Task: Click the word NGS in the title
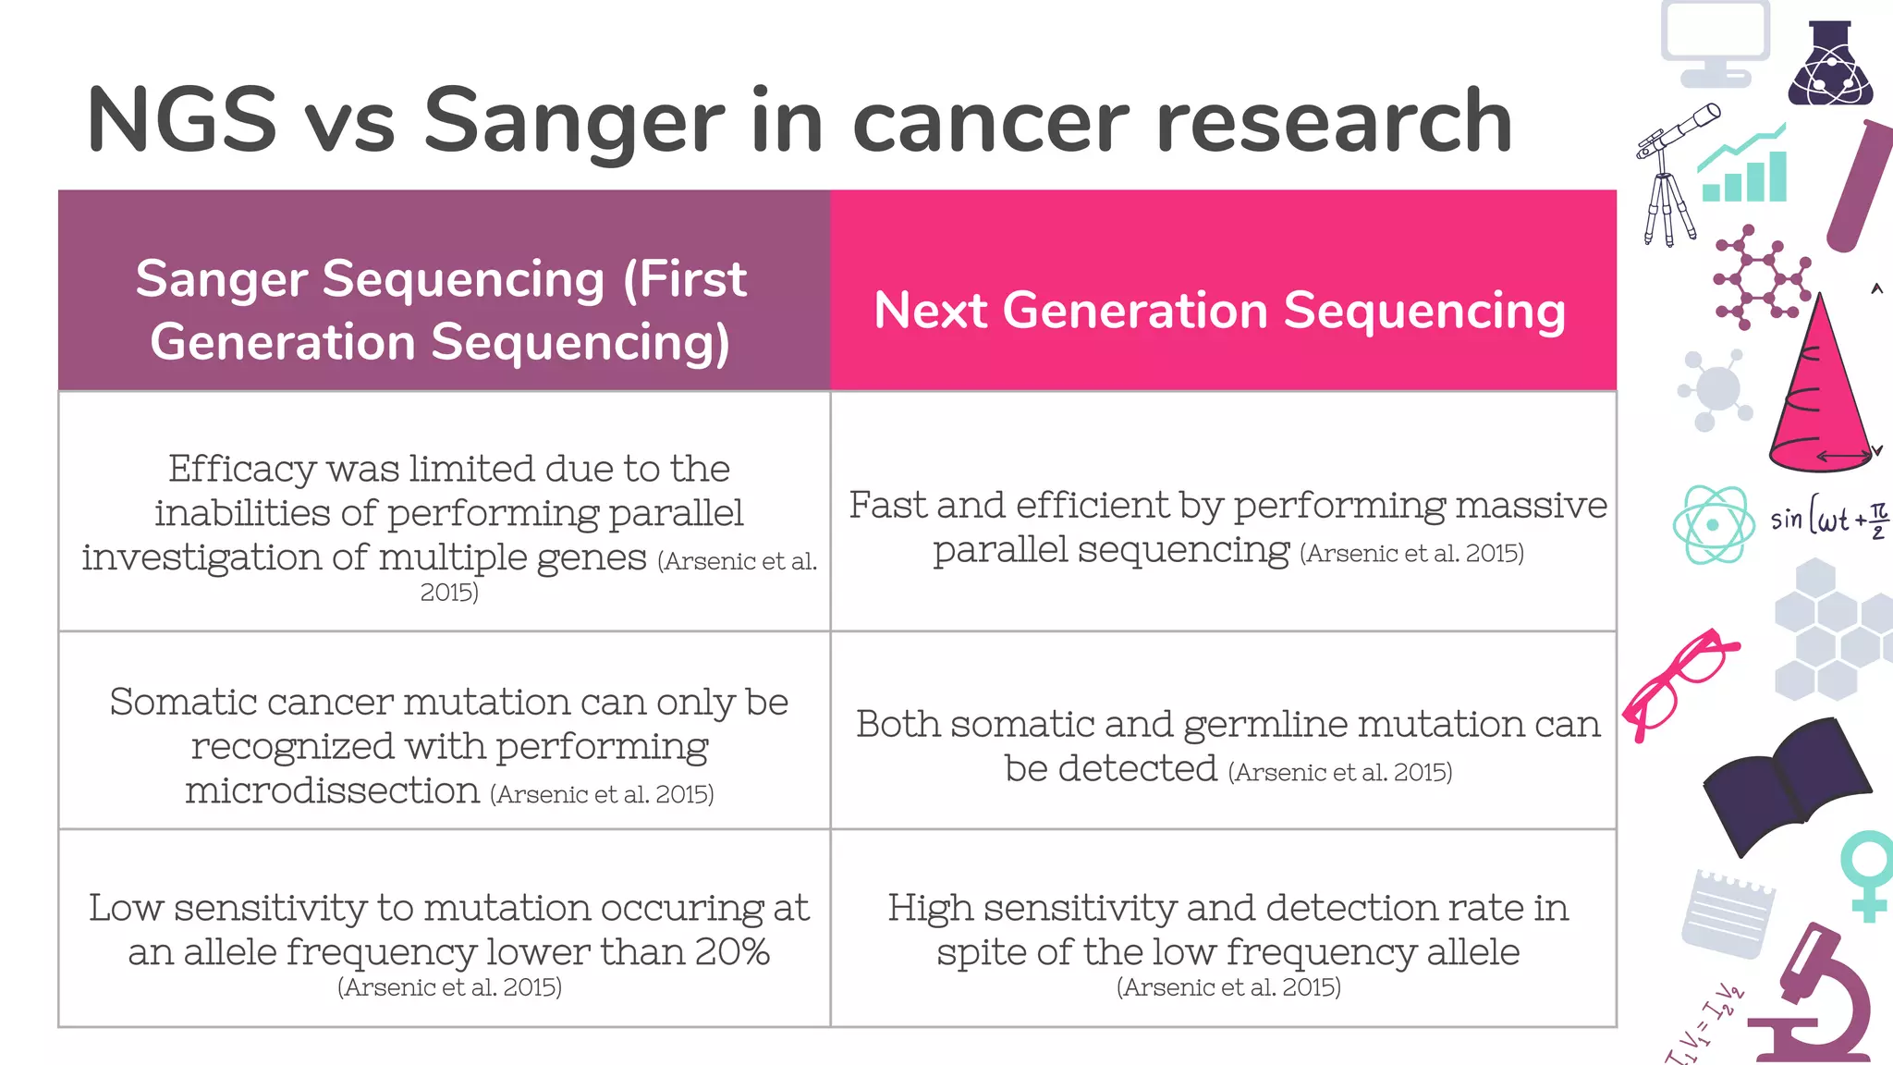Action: click(181, 121)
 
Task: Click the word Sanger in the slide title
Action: click(574, 121)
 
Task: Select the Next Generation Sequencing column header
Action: click(1220, 311)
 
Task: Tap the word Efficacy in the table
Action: click(241, 469)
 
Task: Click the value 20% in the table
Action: click(732, 952)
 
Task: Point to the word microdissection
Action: click(332, 791)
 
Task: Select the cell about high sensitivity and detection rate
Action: click(1226, 929)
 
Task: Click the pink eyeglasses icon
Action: click(1678, 682)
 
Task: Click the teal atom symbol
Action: click(1713, 525)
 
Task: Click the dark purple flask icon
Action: click(1829, 65)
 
